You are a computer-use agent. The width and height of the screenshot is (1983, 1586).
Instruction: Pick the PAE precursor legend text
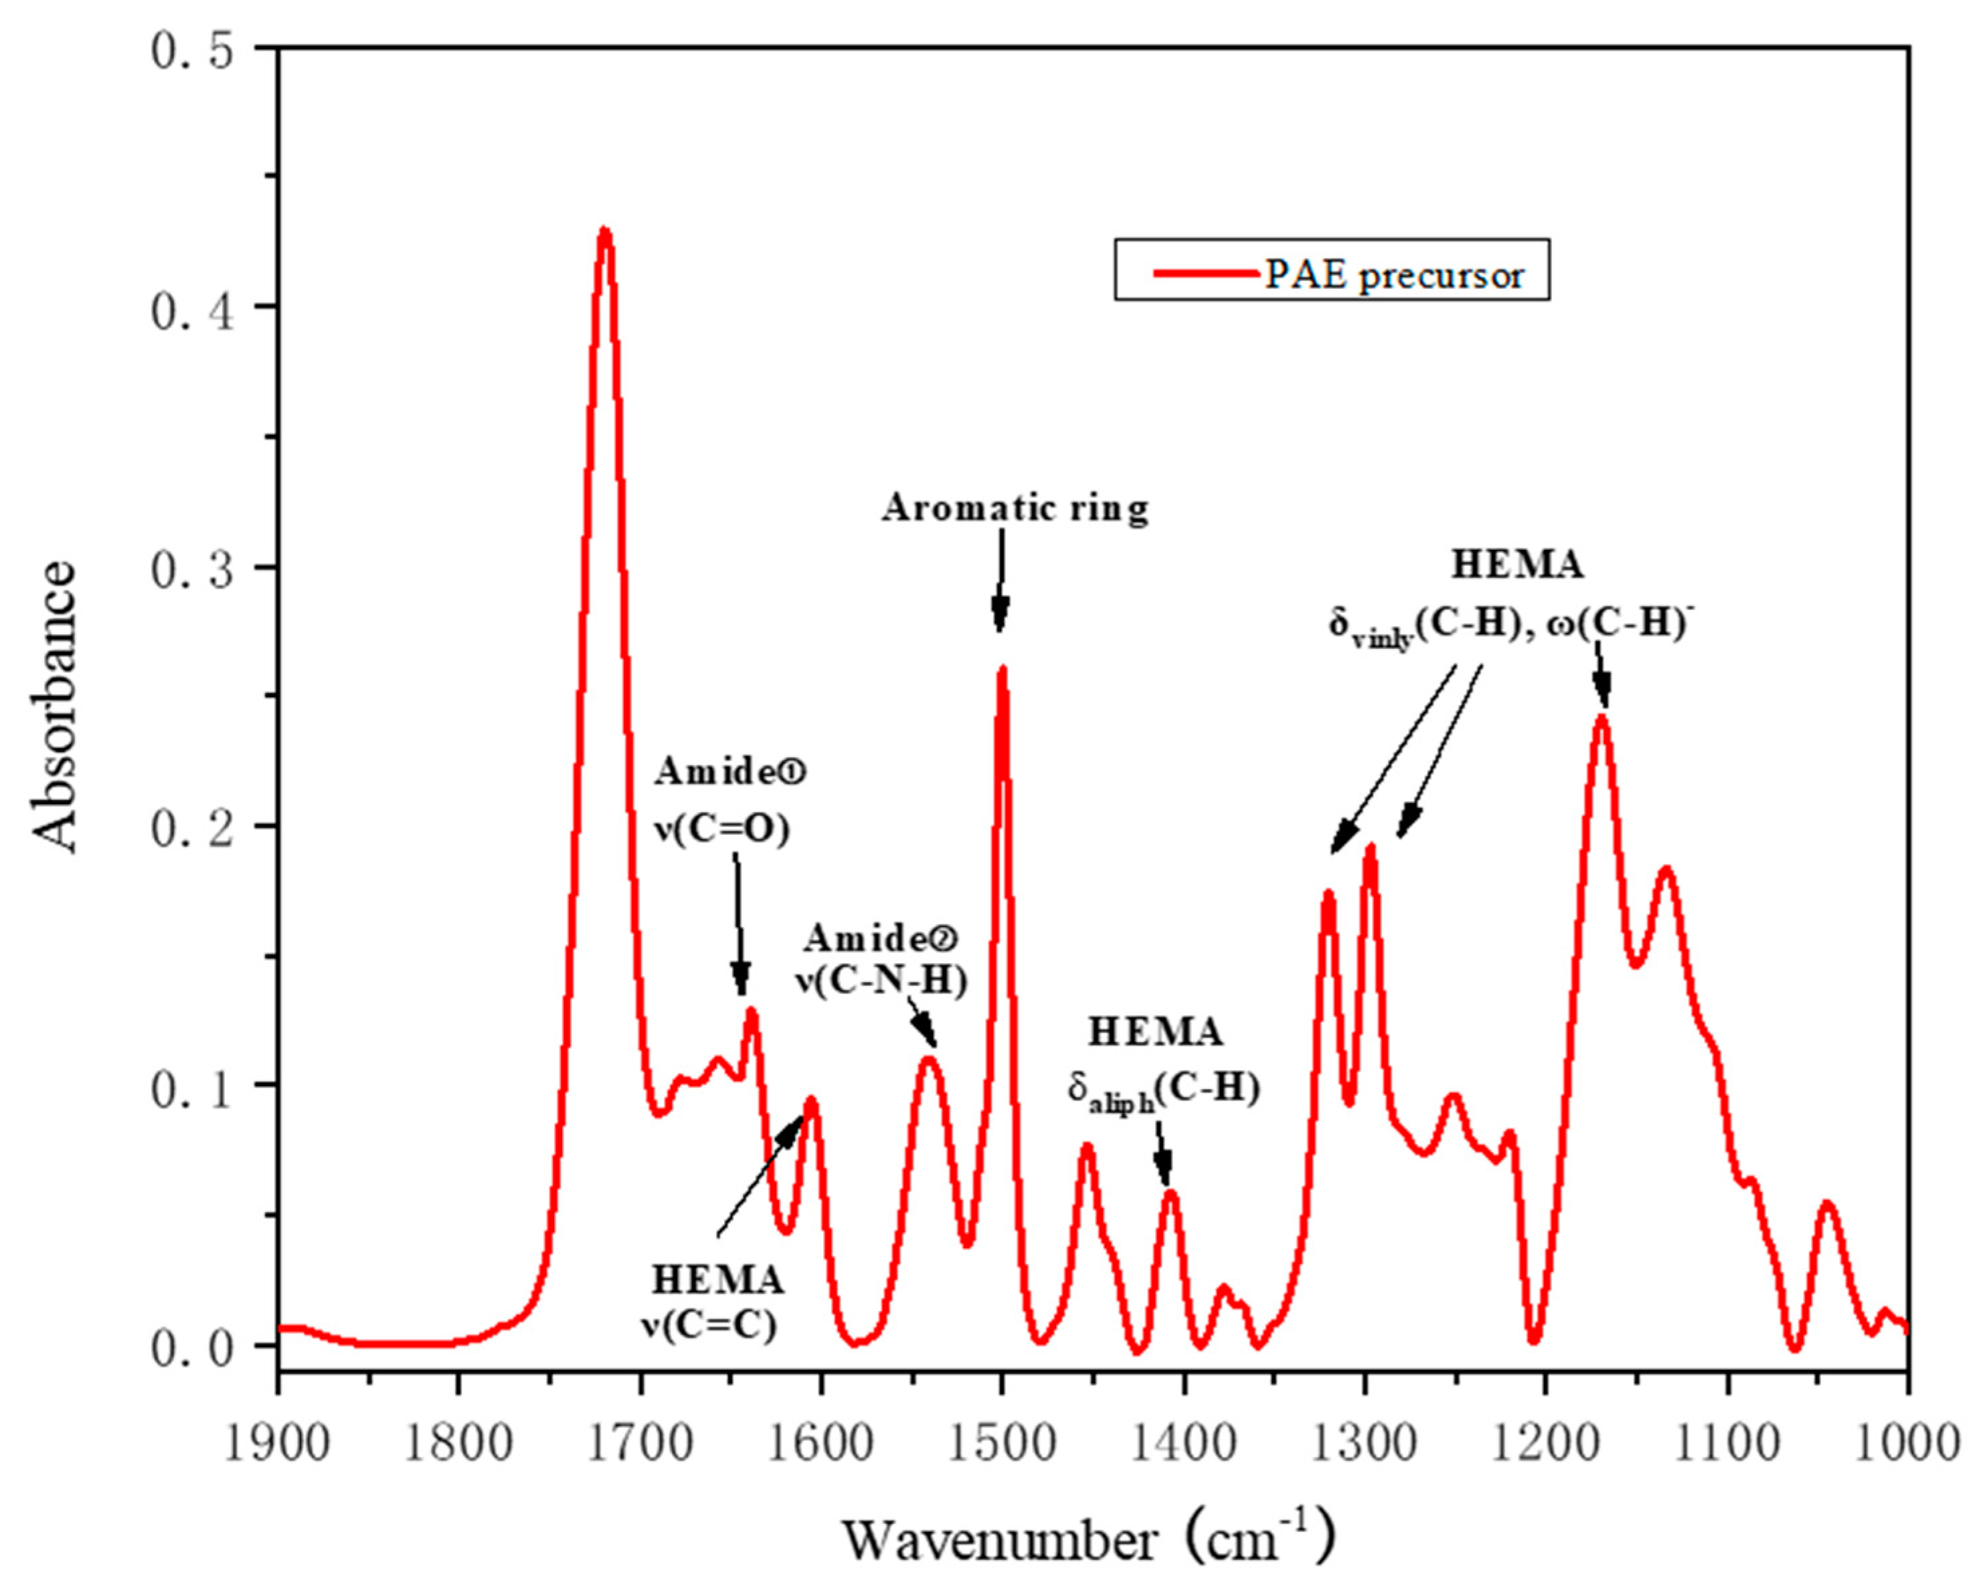click(x=1394, y=274)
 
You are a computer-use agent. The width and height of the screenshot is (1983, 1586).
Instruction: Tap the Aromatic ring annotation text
click(x=1015, y=508)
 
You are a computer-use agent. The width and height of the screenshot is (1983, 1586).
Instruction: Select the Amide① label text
click(x=730, y=773)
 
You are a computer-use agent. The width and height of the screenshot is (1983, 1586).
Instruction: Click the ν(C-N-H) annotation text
click(x=881, y=982)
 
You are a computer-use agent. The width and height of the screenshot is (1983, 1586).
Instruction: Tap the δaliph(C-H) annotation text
click(x=1163, y=1090)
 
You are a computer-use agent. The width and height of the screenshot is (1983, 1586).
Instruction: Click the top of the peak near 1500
click(x=1003, y=670)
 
